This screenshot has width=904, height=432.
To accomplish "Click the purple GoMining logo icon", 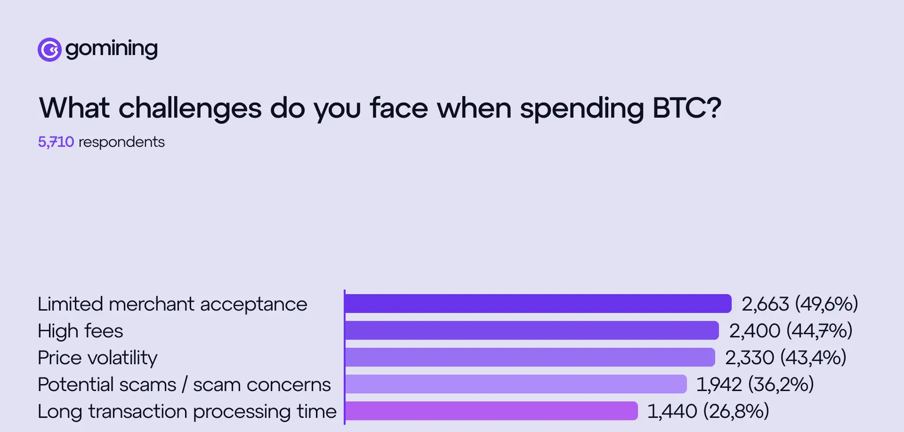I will pos(49,49).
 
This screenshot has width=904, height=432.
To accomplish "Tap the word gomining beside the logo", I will pos(112,49).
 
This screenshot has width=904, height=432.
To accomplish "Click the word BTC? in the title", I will pos(686,108).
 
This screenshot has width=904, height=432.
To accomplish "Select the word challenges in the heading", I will pos(190,108).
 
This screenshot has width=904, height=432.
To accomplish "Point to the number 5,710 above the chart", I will pos(56,142).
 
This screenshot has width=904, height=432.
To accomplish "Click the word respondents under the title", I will pos(121,142).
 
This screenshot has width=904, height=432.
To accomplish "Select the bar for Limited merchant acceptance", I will pos(538,304).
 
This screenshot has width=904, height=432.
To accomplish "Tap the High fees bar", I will pos(532,330).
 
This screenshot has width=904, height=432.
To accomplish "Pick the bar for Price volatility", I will pos(530,357).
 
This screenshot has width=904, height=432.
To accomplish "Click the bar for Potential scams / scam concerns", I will pos(516,384).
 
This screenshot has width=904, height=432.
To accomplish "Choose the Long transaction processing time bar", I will pos(491,411).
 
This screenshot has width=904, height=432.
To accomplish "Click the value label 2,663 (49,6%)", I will pos(799,304).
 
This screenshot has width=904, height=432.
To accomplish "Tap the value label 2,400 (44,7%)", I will pos(791,330).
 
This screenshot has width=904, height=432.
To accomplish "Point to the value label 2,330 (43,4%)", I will pos(785,357).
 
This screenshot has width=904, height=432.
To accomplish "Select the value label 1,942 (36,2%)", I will pos(755,384).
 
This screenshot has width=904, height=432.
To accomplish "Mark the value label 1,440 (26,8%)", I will pos(708,411).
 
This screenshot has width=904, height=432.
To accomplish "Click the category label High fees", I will pos(81,331).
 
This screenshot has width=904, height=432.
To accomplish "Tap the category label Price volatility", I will pos(97,358).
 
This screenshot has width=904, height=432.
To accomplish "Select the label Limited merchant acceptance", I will pos(172,304).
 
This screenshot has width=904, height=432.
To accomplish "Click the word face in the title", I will pos(399,108).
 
